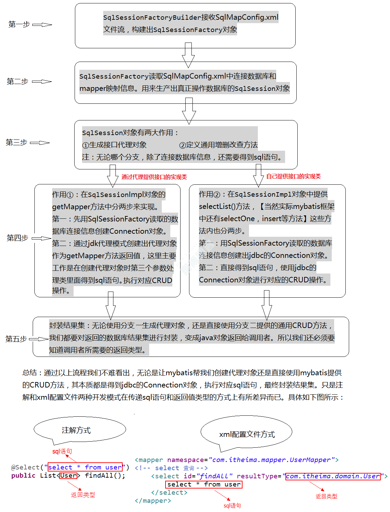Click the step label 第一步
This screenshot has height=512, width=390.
(19, 24)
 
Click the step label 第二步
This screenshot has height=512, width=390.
(17, 81)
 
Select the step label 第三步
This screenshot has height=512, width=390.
(16, 142)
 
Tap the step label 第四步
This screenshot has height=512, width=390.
(17, 238)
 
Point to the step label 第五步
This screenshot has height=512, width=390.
(16, 339)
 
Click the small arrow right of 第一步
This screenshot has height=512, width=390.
(42, 24)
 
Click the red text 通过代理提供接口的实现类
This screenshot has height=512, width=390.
(154, 177)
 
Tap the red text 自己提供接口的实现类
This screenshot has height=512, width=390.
(293, 176)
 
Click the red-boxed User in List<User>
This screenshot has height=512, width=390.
(68, 475)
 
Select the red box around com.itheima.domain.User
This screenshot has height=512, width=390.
(333, 476)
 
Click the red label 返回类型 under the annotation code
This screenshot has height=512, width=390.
(83, 495)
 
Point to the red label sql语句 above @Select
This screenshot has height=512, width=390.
(62, 451)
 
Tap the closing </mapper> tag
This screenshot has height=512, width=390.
(153, 500)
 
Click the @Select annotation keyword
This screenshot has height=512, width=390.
(25, 467)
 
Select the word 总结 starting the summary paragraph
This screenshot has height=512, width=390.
(29, 373)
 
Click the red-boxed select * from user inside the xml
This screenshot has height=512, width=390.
(204, 484)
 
